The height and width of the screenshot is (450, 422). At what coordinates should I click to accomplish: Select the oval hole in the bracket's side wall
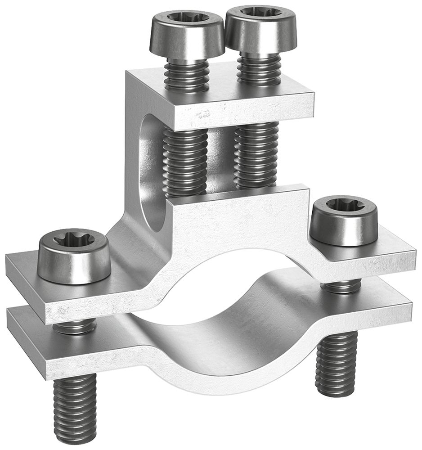(x=151, y=171)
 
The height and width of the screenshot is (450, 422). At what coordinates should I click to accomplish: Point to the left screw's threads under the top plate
(x=185, y=162)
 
